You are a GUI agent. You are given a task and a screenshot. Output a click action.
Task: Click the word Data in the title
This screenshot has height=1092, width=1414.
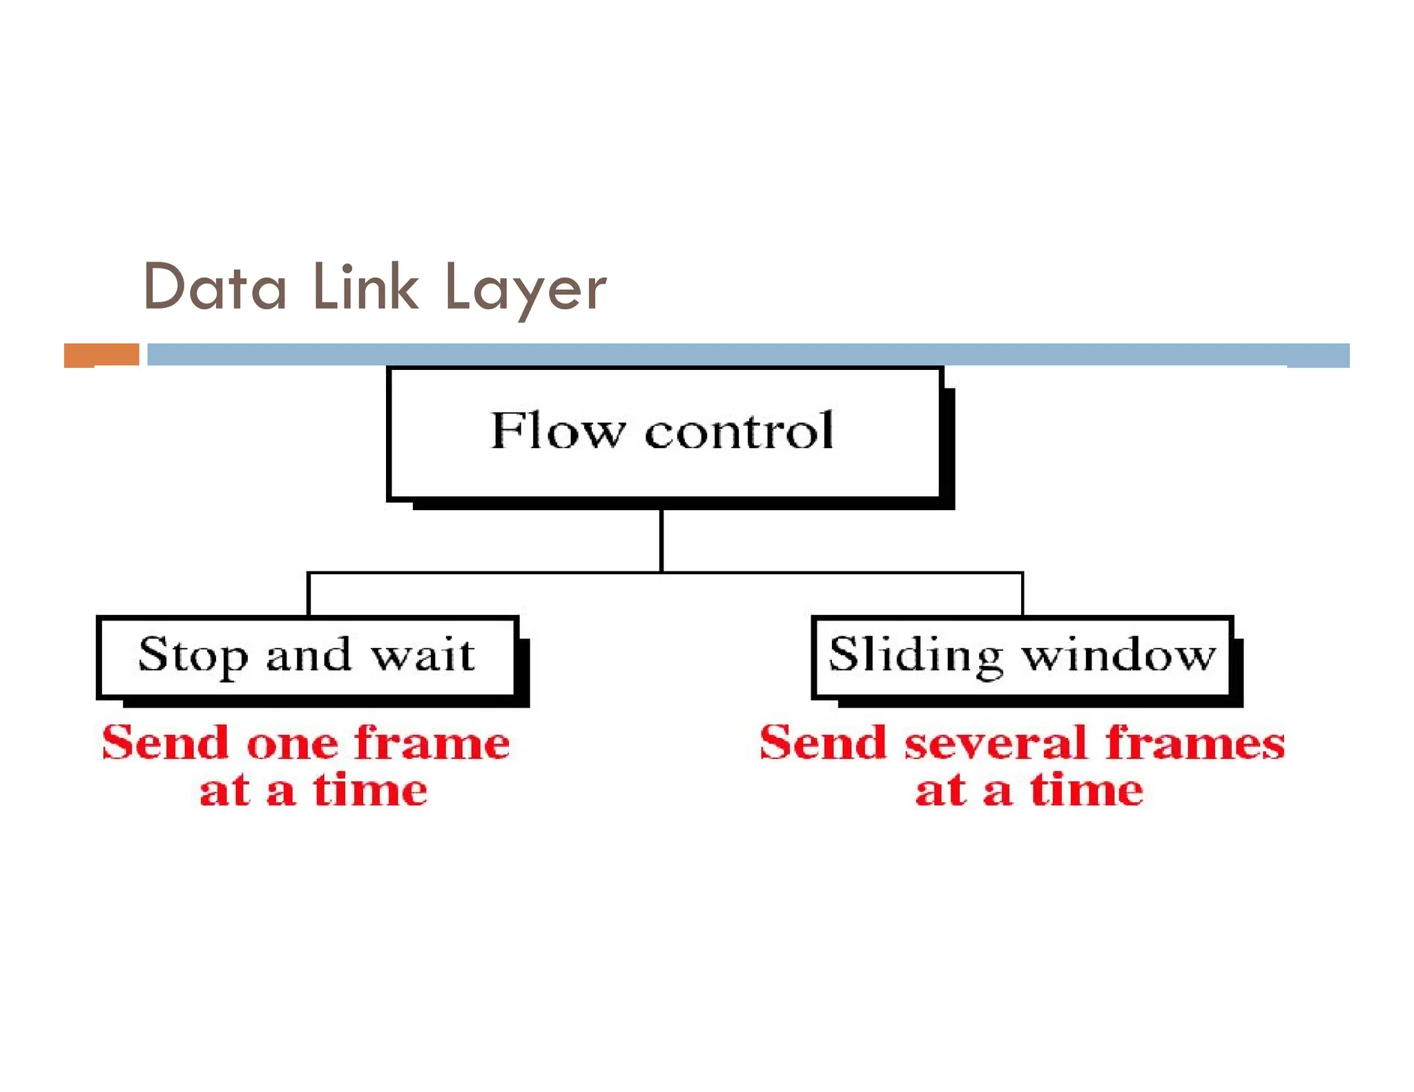click(214, 288)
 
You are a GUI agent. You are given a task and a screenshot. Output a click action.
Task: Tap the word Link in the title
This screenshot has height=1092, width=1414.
click(365, 288)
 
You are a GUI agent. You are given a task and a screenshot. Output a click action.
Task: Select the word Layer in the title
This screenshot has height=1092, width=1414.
click(525, 290)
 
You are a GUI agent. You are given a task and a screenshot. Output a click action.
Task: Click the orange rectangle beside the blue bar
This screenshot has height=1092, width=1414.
click(101, 355)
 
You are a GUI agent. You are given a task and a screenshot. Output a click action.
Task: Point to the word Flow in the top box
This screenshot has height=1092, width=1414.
click(556, 431)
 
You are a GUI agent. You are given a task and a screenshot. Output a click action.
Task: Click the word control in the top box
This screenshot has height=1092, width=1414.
click(739, 431)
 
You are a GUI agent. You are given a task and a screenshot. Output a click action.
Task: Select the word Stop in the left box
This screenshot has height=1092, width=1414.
click(192, 656)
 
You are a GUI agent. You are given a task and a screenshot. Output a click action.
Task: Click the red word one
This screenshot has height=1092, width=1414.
click(292, 745)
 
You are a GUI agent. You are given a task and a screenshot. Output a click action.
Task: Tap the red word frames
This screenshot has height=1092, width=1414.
click(1194, 745)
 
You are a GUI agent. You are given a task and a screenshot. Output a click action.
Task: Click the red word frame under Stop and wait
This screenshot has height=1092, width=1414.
click(432, 745)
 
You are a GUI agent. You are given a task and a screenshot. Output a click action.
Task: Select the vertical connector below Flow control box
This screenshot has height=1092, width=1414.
click(661, 540)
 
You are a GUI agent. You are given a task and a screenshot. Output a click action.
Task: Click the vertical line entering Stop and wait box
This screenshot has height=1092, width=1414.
click(308, 594)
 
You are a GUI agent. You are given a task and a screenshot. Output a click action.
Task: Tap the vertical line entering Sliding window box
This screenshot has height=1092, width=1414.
click(1022, 594)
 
